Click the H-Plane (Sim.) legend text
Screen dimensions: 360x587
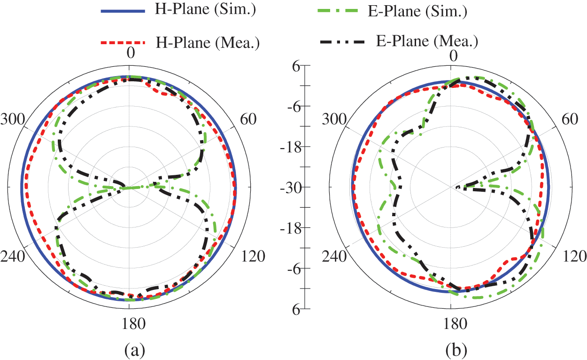[x=205, y=11]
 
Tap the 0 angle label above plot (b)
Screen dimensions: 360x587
[x=454, y=55]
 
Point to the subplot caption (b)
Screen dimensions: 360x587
[x=455, y=350]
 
